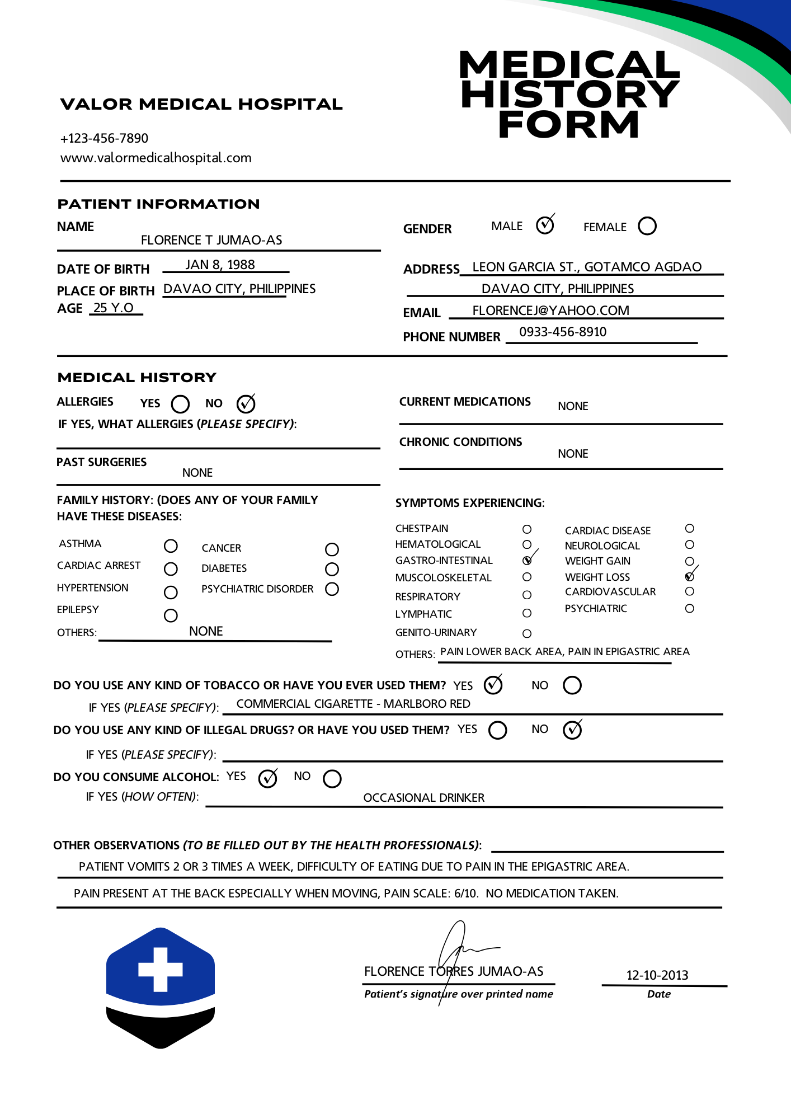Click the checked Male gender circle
pyautogui.click(x=544, y=225)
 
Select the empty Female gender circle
pyautogui.click(x=647, y=226)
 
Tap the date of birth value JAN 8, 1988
pyautogui.click(x=220, y=265)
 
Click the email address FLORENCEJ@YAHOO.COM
pyautogui.click(x=550, y=311)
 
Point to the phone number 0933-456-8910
pyautogui.click(x=563, y=332)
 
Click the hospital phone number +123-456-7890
pyautogui.click(x=104, y=138)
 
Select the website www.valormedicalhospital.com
pyautogui.click(x=156, y=158)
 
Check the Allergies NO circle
pyautogui.click(x=246, y=403)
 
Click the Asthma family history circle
pyautogui.click(x=171, y=546)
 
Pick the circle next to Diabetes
pyautogui.click(x=332, y=569)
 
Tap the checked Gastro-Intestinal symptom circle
pyautogui.click(x=527, y=560)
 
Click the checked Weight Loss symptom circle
pyautogui.click(x=690, y=577)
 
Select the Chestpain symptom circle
pyautogui.click(x=527, y=529)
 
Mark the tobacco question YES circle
pyautogui.click(x=493, y=685)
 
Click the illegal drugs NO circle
pyautogui.click(x=572, y=730)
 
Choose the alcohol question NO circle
pyautogui.click(x=332, y=778)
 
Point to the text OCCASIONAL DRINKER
pyautogui.click(x=423, y=798)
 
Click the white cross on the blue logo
pyautogui.click(x=161, y=969)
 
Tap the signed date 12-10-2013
pyautogui.click(x=657, y=975)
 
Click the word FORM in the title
pyautogui.click(x=568, y=124)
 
